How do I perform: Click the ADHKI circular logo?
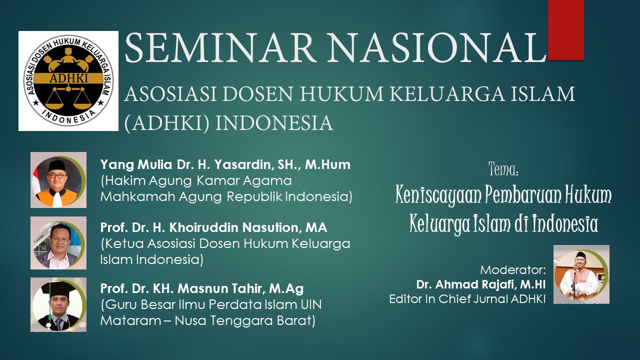pyautogui.click(x=68, y=81)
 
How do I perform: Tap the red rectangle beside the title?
pyautogui.click(x=565, y=30)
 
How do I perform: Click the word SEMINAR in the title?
pyautogui.click(x=219, y=47)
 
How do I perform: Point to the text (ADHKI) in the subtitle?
pyautogui.click(x=167, y=123)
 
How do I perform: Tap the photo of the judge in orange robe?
pyautogui.click(x=58, y=180)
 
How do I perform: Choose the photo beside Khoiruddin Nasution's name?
pyautogui.click(x=58, y=243)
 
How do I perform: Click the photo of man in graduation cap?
pyautogui.click(x=58, y=304)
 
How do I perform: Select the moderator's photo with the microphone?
pyautogui.click(x=581, y=274)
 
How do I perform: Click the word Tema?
pyautogui.click(x=503, y=169)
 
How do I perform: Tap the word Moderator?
pyautogui.click(x=513, y=269)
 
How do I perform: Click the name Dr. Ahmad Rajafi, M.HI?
pyautogui.click(x=481, y=284)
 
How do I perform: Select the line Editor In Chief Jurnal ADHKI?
pyautogui.click(x=467, y=299)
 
